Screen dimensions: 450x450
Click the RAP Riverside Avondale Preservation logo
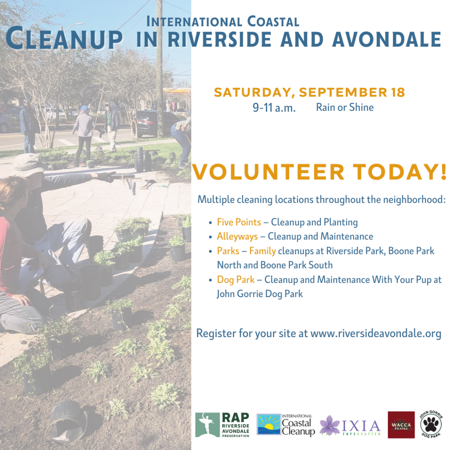pyautogui.click(x=222, y=425)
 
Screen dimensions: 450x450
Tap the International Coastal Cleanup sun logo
pyautogui.click(x=269, y=425)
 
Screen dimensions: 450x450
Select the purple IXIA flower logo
pyautogui.click(x=330, y=425)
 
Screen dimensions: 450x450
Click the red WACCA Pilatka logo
pyautogui.click(x=401, y=425)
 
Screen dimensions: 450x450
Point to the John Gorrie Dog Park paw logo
pyautogui.click(x=431, y=424)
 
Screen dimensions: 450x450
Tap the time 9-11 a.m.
pyautogui.click(x=274, y=108)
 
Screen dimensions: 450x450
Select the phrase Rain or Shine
pyautogui.click(x=345, y=107)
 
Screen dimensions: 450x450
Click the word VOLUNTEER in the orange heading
pyautogui.click(x=268, y=172)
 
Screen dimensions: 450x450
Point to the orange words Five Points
pyautogui.click(x=239, y=222)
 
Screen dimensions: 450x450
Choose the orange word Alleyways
pyautogui.click(x=237, y=236)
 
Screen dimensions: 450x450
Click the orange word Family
pyautogui.click(x=262, y=251)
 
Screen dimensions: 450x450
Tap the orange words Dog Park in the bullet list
pyautogui.click(x=236, y=279)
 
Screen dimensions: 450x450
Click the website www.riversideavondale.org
pyautogui.click(x=376, y=334)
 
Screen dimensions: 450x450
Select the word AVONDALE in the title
pyautogui.click(x=387, y=39)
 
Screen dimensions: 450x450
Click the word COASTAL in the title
pyautogui.click(x=273, y=22)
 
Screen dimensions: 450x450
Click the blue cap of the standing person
pyautogui.click(x=84, y=109)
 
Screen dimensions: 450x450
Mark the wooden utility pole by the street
pyautogui.click(x=159, y=69)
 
